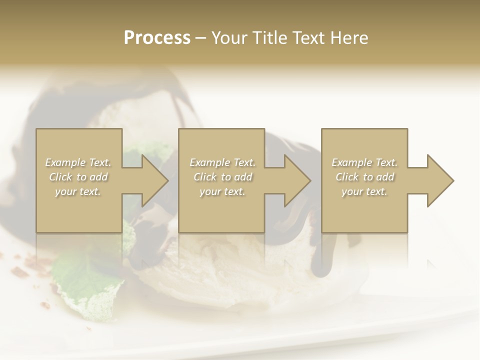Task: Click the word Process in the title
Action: (x=157, y=38)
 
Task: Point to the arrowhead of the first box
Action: (x=153, y=180)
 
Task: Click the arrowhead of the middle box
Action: (x=296, y=180)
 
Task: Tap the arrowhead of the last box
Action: (x=439, y=180)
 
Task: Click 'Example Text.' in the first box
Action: (x=78, y=162)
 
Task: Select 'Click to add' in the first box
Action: (x=78, y=177)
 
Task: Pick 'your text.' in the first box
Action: (x=78, y=191)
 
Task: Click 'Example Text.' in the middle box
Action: (x=222, y=162)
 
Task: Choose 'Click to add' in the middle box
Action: (x=222, y=177)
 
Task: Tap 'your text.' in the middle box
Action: (x=222, y=191)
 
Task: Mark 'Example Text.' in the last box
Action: (x=364, y=162)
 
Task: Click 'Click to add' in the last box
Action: (x=364, y=177)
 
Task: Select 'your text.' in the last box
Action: (x=364, y=191)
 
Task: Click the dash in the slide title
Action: (x=200, y=38)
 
